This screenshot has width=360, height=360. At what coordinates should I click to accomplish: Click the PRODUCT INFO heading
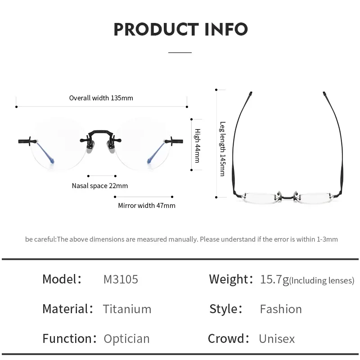[x=180, y=29]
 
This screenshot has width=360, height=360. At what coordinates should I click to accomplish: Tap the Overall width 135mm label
[x=101, y=98]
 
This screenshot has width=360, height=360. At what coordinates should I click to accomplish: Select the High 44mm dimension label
[x=197, y=145]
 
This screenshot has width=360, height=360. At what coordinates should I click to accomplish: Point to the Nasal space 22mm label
[x=99, y=185]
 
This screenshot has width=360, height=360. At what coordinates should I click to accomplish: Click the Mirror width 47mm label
[x=147, y=205]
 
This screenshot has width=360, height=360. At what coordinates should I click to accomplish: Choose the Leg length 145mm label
[x=222, y=148]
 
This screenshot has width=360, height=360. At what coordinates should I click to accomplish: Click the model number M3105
[x=121, y=279]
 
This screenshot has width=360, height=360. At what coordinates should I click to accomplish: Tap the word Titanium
[x=127, y=309]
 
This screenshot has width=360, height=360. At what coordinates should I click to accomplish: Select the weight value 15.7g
[x=274, y=279]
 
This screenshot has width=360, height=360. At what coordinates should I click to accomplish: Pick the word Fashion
[x=281, y=309]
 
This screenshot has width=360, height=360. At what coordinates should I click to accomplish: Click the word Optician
[x=126, y=338]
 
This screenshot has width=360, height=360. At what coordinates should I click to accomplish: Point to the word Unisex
[x=277, y=338]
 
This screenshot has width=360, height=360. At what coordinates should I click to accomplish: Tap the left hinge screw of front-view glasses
[x=28, y=141]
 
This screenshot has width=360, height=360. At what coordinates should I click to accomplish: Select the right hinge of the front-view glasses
[x=172, y=141]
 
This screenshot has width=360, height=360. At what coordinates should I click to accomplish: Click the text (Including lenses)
[x=322, y=281]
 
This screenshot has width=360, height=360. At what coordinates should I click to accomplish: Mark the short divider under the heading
[x=180, y=53]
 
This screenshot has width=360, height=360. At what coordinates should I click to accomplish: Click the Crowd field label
[x=229, y=338]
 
